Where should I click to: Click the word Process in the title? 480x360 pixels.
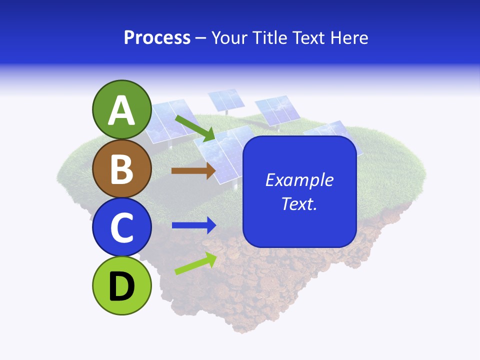point(157,38)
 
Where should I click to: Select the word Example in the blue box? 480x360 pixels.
point(299,180)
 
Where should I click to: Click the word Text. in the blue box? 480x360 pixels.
point(299,203)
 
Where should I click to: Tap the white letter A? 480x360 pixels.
point(122,110)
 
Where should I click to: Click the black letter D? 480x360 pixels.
point(122,286)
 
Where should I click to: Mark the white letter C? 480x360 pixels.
point(122,227)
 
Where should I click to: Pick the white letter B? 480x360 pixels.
point(122,169)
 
